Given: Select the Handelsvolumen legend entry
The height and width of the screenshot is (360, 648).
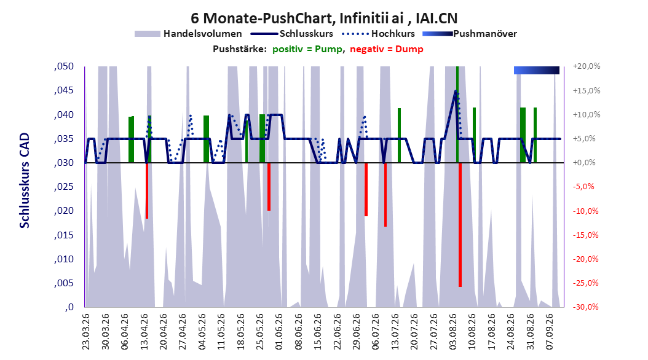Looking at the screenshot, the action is pyautogui.click(x=188, y=34).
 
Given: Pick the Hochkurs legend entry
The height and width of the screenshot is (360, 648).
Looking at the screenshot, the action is pyautogui.click(x=379, y=34).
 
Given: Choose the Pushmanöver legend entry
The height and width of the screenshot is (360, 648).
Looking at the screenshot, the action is pyautogui.click(x=470, y=34).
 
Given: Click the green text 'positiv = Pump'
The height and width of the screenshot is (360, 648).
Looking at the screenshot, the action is pyautogui.click(x=307, y=49).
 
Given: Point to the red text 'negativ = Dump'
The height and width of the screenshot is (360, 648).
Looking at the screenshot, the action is pyautogui.click(x=387, y=49).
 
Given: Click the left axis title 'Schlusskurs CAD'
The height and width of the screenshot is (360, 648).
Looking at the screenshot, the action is pyautogui.click(x=25, y=181).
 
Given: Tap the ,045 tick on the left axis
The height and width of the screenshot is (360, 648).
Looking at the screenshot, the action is pyautogui.click(x=64, y=90).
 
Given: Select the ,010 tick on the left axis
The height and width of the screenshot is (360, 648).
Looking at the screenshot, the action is pyautogui.click(x=64, y=259).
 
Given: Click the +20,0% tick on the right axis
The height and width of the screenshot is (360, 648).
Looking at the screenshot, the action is pyautogui.click(x=587, y=66).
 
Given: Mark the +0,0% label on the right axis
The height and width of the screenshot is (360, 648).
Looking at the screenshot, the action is pyautogui.click(x=584, y=163).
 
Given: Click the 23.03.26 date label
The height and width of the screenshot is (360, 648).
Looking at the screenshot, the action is pyautogui.click(x=86, y=332).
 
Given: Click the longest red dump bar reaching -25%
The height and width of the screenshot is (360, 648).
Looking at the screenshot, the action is pyautogui.click(x=460, y=225).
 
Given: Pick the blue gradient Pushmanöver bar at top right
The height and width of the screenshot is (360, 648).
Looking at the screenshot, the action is pyautogui.click(x=537, y=70).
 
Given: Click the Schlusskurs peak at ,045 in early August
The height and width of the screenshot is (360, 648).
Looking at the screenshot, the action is pyautogui.click(x=456, y=91).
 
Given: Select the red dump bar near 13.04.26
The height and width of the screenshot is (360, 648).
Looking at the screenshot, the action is pyautogui.click(x=147, y=190).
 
